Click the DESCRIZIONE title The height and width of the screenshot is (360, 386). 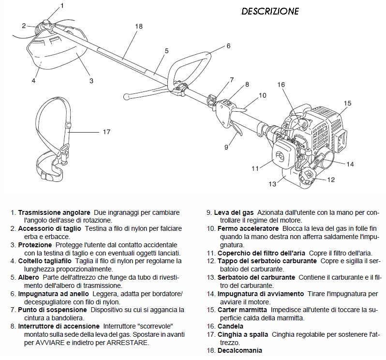(270, 11)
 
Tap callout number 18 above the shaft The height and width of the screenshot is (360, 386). (139, 26)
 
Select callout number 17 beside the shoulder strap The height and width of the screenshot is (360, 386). (107, 131)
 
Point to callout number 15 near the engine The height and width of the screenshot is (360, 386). (347, 103)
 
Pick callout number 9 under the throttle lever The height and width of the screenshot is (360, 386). (225, 147)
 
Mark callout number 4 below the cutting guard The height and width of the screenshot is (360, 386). (33, 81)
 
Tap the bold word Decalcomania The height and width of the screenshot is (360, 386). (240, 350)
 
